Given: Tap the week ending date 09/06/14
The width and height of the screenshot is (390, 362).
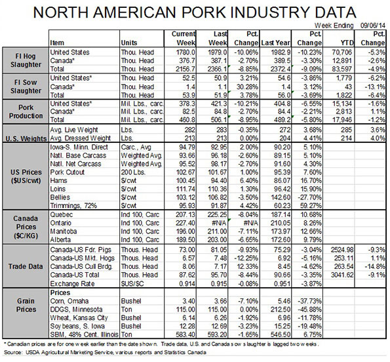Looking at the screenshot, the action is click(x=373, y=26).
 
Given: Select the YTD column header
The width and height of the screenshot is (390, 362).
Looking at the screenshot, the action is click(x=347, y=43).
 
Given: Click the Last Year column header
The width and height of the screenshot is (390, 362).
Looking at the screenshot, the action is click(x=275, y=43).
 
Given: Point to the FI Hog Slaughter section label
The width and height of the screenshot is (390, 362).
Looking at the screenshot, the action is click(x=26, y=60).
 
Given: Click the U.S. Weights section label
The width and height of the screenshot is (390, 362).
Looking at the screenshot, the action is click(x=26, y=138).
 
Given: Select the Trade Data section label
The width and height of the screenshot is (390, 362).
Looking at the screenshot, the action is click(x=26, y=266).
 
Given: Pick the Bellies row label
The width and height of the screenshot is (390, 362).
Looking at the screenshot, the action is click(x=60, y=197).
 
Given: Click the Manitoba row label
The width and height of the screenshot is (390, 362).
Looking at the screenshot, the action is click(x=64, y=231).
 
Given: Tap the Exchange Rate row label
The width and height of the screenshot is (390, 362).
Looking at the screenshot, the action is click(x=72, y=283).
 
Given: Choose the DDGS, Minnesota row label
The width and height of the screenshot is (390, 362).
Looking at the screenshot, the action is click(x=76, y=310).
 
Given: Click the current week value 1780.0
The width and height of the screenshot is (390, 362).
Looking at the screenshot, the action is click(x=185, y=52).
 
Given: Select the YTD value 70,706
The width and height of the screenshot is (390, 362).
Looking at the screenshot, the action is click(x=342, y=52).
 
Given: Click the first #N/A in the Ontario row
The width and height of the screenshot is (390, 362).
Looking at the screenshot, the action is click(x=218, y=223).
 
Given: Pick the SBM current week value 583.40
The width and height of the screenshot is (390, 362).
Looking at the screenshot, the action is click(x=185, y=334).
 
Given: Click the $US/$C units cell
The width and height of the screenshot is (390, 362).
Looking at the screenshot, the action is click(x=132, y=283).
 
